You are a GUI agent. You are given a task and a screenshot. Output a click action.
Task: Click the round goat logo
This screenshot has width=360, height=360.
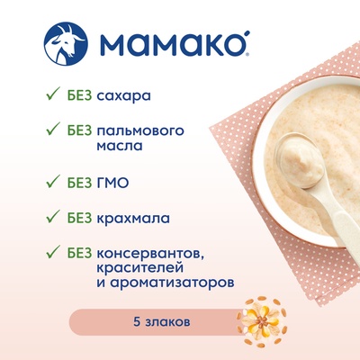pos(66,44)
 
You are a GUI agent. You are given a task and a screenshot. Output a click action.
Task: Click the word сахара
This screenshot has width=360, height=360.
pos(123,96)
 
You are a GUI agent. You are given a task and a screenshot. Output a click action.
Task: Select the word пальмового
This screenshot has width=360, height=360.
pos(140,131)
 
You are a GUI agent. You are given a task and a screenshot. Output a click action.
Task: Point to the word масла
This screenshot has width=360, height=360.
pos(120,147)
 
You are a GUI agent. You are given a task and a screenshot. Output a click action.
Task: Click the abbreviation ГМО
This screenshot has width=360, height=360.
pos(113,183)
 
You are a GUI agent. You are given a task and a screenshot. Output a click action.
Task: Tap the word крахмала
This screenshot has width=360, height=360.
pos(133,218)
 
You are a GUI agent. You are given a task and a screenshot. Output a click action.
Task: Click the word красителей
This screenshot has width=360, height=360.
pos(139,267)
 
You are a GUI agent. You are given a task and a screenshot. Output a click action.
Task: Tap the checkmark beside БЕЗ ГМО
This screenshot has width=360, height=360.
pos(53,181)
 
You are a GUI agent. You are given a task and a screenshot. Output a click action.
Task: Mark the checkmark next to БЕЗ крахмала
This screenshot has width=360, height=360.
pos(53,216)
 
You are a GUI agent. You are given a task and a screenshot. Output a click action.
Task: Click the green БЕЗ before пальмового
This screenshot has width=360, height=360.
pos(79,130)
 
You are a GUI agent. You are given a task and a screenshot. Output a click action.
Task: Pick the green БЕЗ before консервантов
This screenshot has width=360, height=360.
pos(79,254)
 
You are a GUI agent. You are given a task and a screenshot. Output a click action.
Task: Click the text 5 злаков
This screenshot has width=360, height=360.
pos(162,322)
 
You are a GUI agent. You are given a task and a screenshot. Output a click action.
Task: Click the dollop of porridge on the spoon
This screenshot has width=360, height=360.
pos(299,163)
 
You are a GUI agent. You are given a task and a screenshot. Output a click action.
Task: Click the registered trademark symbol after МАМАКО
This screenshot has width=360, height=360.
pos(247,55)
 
